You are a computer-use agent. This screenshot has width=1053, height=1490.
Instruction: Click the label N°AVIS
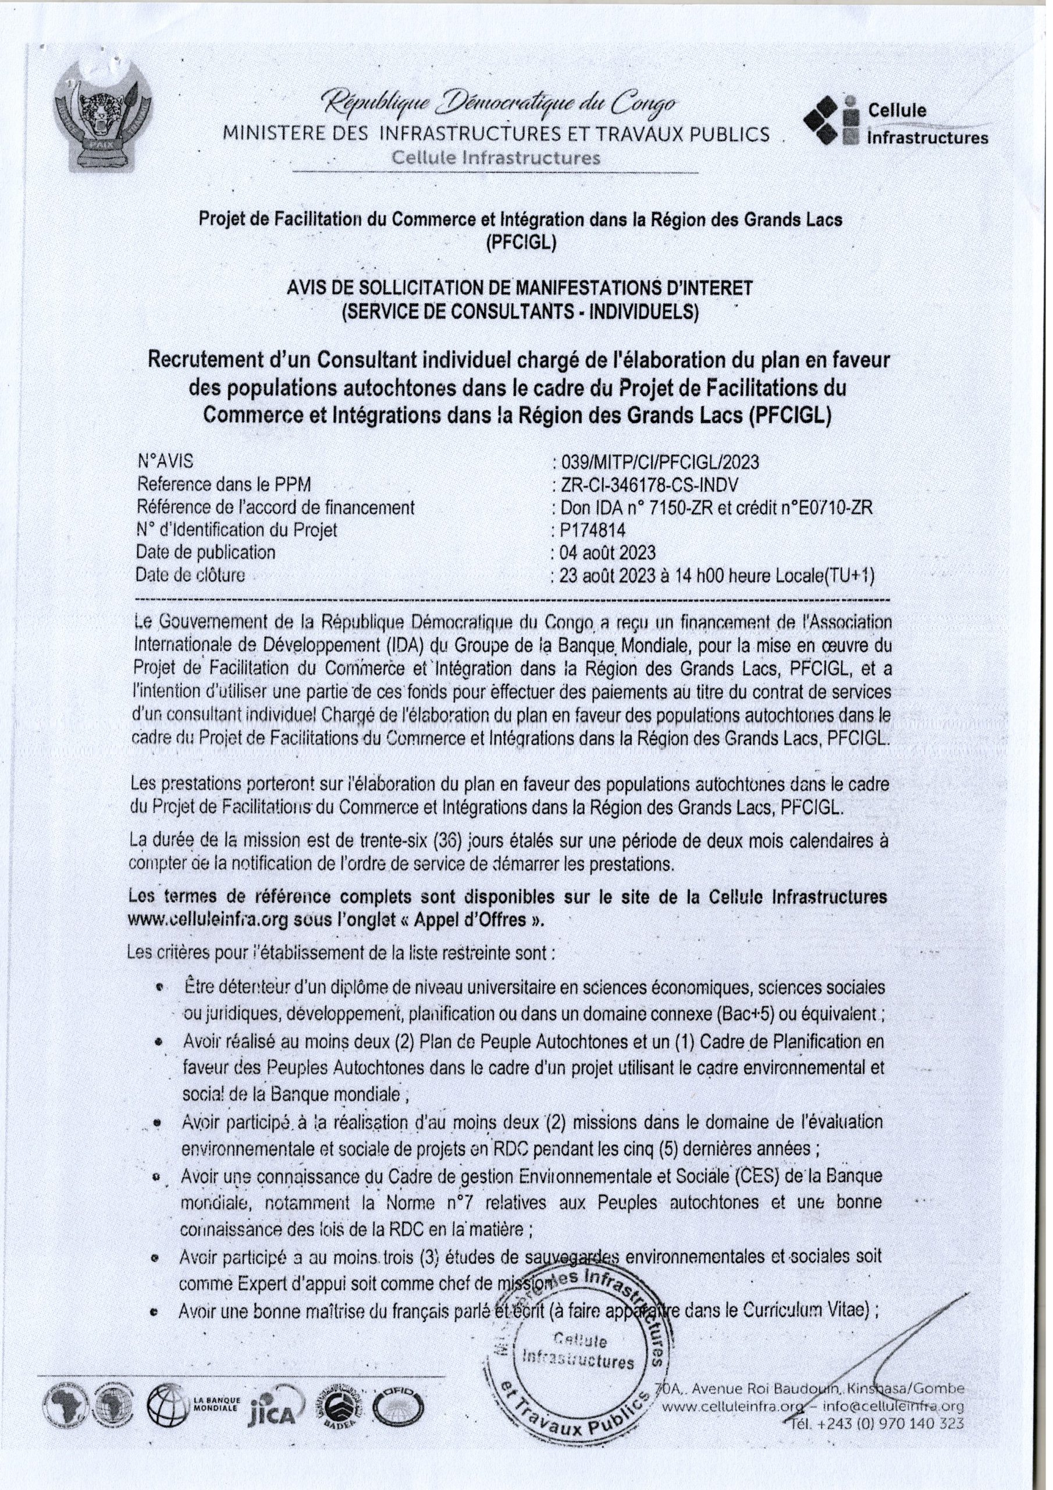[x=165, y=462]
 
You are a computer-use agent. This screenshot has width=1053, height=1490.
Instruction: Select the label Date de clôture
[x=191, y=575]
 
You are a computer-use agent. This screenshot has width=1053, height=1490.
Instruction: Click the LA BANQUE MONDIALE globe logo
[x=169, y=1410]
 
